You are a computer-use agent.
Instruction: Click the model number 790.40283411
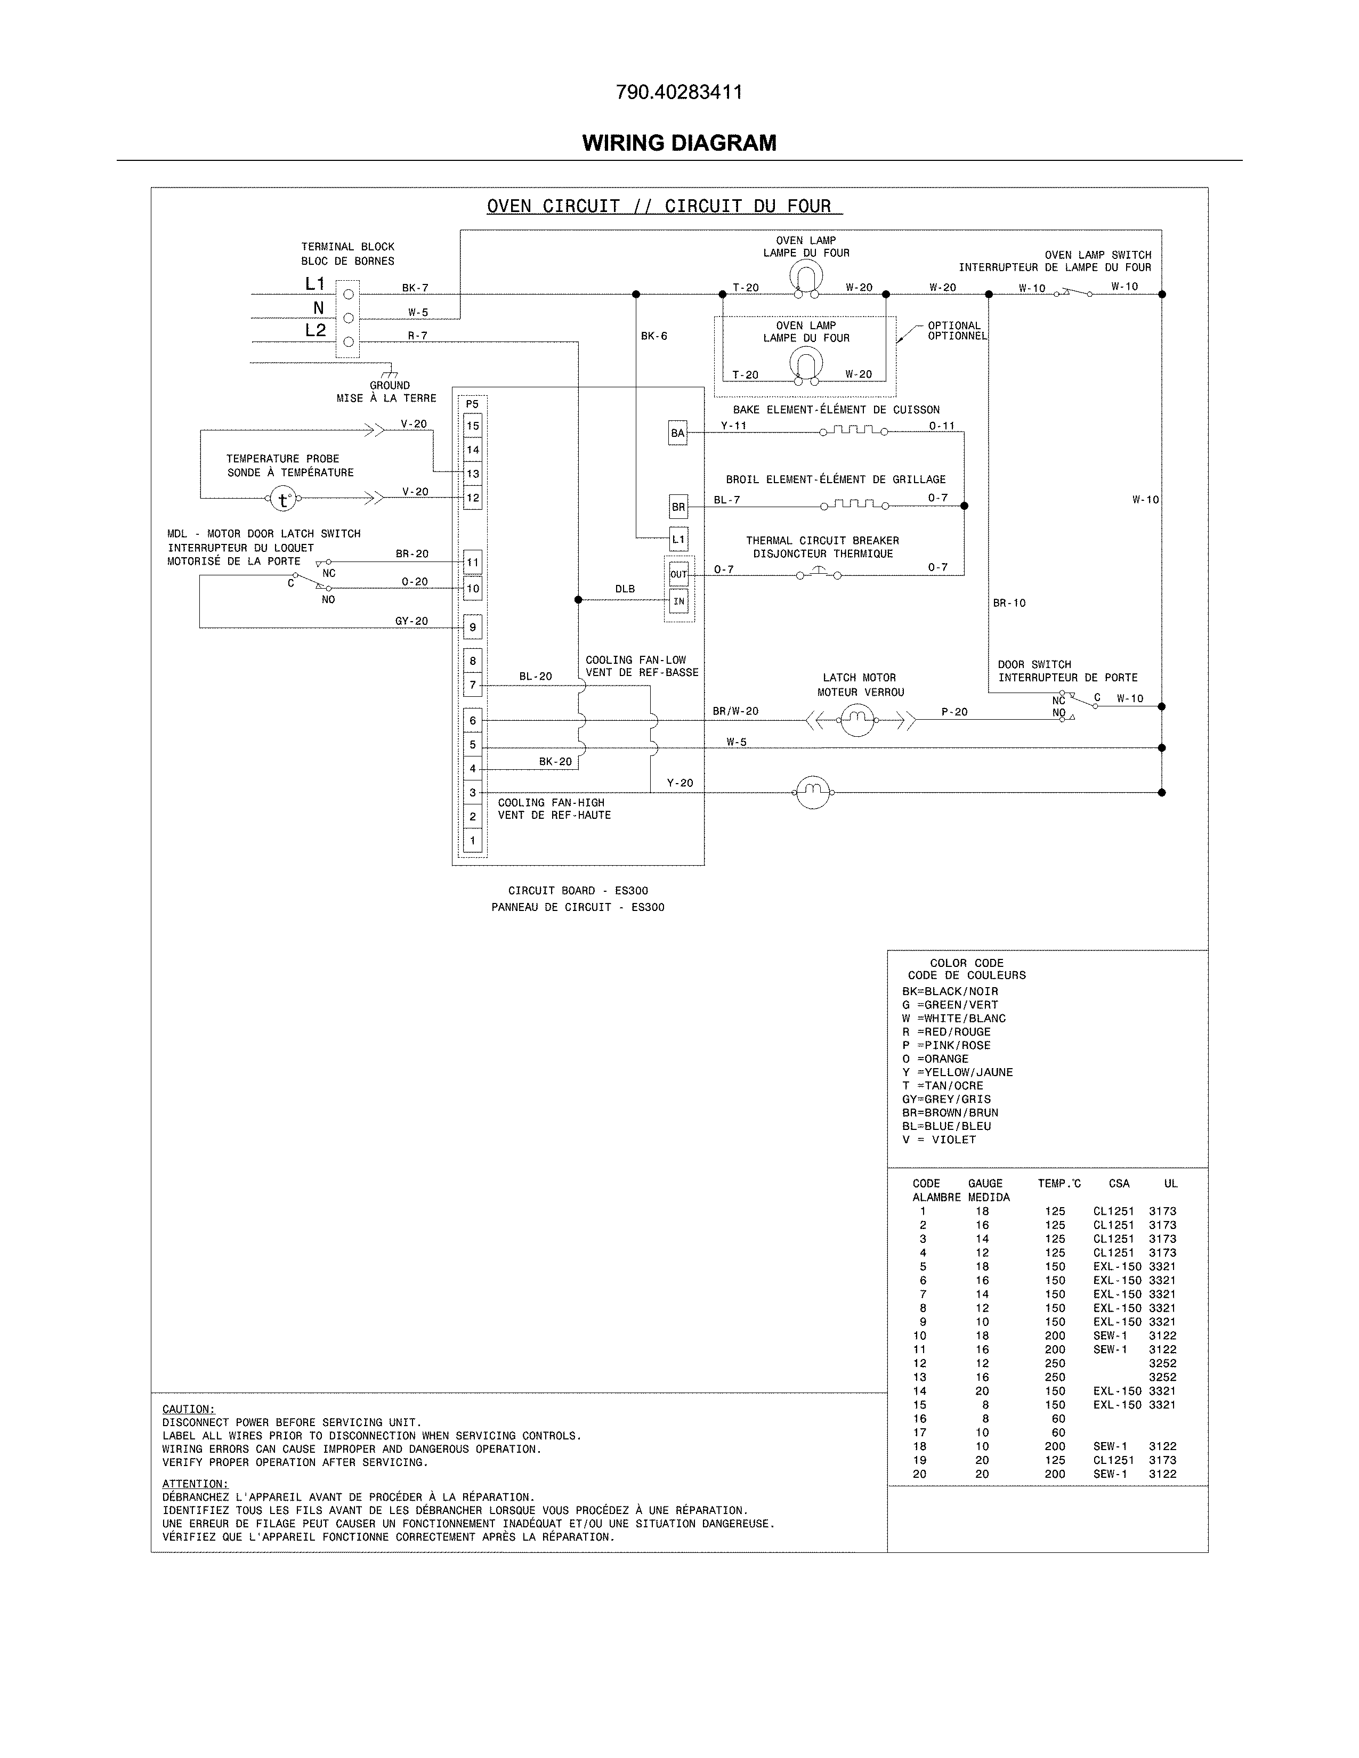[678, 93]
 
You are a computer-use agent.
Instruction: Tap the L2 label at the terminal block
[315, 330]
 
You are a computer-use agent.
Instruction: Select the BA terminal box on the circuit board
[678, 433]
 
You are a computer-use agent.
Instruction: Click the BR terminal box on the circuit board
[678, 507]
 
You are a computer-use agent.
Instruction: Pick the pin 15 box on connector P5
[473, 426]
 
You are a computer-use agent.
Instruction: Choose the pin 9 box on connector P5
[473, 627]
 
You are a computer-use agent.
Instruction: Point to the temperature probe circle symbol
[282, 499]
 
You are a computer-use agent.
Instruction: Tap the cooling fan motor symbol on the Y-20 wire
[812, 793]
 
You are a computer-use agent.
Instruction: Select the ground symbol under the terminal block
[391, 373]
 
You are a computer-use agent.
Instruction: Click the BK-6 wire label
[654, 337]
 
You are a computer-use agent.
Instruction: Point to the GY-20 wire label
[411, 621]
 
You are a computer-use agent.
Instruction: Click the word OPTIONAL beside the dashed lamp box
[954, 326]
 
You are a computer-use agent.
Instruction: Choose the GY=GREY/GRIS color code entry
[946, 1098]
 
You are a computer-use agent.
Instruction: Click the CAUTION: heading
[188, 1409]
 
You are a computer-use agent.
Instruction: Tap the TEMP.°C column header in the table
[1059, 1183]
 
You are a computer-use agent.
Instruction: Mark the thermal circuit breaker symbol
[818, 574]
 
